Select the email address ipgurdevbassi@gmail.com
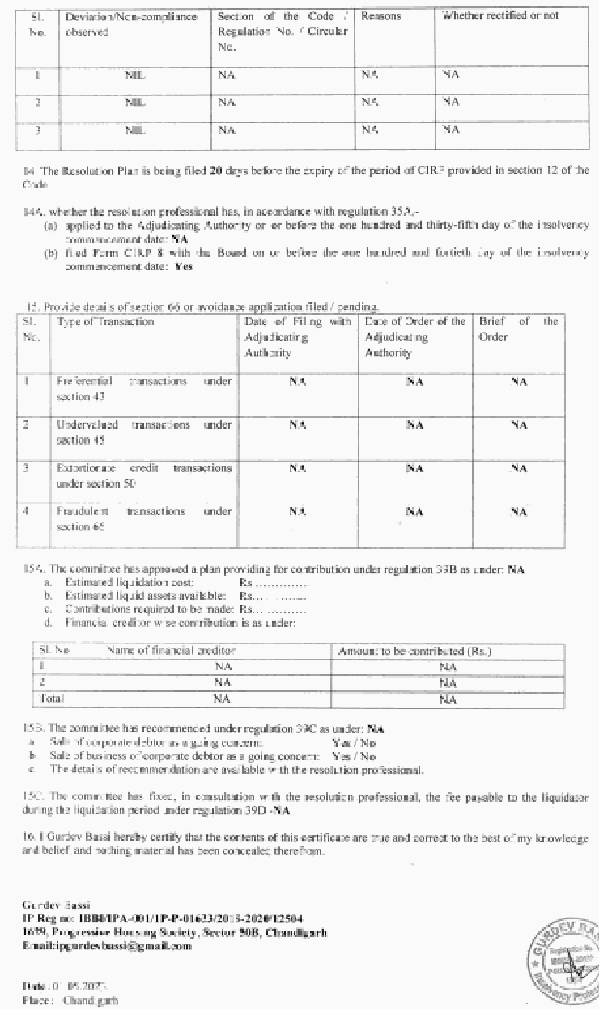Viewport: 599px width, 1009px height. tap(108, 945)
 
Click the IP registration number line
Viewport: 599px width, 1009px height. tap(163, 919)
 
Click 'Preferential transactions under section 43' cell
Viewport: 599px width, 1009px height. tap(144, 388)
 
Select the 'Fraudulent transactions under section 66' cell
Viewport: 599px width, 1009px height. tap(144, 518)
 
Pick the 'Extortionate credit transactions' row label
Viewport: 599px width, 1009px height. tap(144, 475)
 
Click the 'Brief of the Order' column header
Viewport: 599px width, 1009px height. tap(518, 329)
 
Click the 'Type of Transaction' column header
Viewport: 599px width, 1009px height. tap(105, 322)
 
